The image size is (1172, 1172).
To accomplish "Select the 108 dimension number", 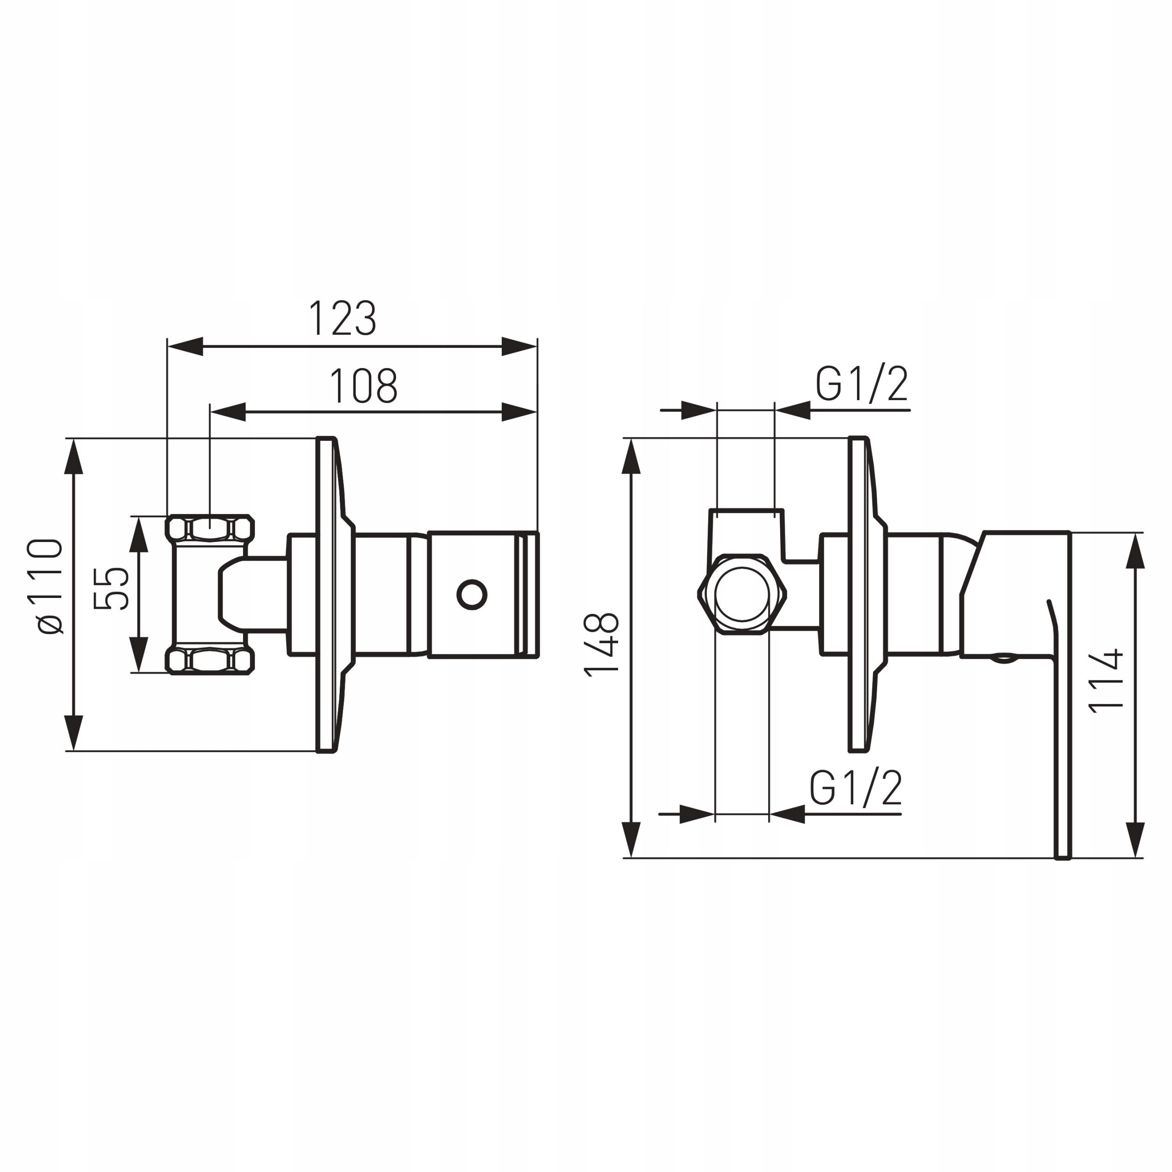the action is tap(364, 386).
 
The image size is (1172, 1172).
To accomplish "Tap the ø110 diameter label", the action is tap(50, 586).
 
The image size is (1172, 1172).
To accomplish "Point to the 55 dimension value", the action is tap(112, 588).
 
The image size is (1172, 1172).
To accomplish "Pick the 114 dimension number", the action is tap(1107, 681).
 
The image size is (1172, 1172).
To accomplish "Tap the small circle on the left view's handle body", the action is tap(472, 595).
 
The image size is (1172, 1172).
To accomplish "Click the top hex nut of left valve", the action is tap(210, 528).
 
